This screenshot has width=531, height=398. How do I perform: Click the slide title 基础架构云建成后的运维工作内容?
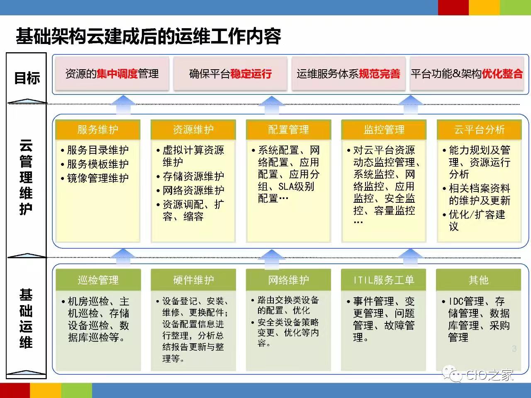(148, 36)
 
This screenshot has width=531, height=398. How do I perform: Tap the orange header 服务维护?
(98, 129)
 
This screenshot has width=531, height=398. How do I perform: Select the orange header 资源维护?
(193, 129)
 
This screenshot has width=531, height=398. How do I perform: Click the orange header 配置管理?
(288, 129)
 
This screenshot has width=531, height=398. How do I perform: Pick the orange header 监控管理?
(384, 129)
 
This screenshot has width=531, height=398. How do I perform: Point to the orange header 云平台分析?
(479, 129)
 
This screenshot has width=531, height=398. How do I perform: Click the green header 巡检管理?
(98, 280)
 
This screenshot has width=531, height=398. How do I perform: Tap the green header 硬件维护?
(193, 280)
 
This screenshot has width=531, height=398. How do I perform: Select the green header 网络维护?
(288, 280)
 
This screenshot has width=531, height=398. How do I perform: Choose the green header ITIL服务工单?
(383, 280)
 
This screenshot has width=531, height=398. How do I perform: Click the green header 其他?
(478, 280)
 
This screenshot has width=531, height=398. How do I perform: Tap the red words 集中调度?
(117, 74)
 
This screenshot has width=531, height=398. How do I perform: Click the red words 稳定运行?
(251, 74)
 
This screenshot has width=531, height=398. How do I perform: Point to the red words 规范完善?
(379, 74)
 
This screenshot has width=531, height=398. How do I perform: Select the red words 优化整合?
(502, 74)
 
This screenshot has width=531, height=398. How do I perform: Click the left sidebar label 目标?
(27, 78)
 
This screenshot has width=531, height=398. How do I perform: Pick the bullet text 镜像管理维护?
(98, 178)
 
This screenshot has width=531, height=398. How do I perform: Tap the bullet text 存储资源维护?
(193, 176)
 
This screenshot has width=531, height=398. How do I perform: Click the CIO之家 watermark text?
(490, 375)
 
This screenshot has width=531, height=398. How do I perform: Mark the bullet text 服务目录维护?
(98, 150)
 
